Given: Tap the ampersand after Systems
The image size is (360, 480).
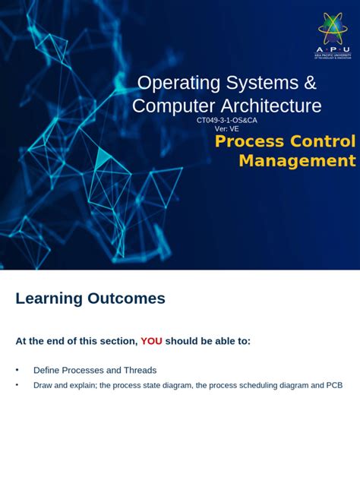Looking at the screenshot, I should pyautogui.click(x=308, y=83).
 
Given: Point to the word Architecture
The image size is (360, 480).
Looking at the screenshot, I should pyautogui.click(x=271, y=106).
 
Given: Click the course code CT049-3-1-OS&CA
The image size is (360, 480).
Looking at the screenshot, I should pyautogui.click(x=226, y=120).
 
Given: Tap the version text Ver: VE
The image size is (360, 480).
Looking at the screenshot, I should pyautogui.click(x=227, y=128).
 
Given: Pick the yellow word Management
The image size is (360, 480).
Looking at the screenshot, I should pyautogui.click(x=297, y=160).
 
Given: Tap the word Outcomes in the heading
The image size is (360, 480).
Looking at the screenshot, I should pyautogui.click(x=126, y=298).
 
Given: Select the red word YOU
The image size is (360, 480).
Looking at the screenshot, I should pyautogui.click(x=151, y=341).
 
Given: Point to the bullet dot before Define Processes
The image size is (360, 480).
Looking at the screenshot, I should pyautogui.click(x=17, y=370).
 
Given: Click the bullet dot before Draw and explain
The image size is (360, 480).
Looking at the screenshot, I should pyautogui.click(x=17, y=385).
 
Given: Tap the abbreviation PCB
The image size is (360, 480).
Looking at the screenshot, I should pyautogui.click(x=333, y=385).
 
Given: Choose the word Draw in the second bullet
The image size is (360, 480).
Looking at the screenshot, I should pyautogui.click(x=43, y=385).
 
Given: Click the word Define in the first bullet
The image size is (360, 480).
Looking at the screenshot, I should pyautogui.click(x=47, y=371).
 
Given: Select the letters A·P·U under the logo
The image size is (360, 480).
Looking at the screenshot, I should pyautogui.click(x=332, y=48).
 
